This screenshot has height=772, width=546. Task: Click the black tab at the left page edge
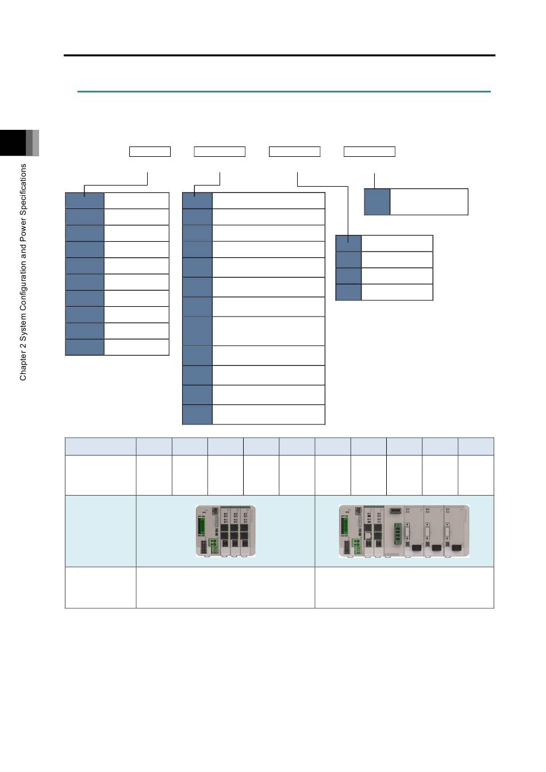13,142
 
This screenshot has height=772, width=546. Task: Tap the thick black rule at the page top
279,55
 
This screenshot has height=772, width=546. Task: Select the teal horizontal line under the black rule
284,92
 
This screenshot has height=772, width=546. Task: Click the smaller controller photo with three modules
225,531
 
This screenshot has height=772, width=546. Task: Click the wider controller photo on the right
404,531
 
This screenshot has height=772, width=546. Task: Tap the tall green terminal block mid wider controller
398,534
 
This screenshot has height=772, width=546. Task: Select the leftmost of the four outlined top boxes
150,152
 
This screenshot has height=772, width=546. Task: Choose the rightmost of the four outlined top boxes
370,152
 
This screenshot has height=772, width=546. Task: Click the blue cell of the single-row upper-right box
378,202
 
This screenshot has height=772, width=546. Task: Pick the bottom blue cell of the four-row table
349,292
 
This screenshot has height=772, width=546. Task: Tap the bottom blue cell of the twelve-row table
197,415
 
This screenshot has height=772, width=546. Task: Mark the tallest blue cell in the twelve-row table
197,331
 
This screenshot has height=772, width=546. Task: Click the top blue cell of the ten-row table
85,200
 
